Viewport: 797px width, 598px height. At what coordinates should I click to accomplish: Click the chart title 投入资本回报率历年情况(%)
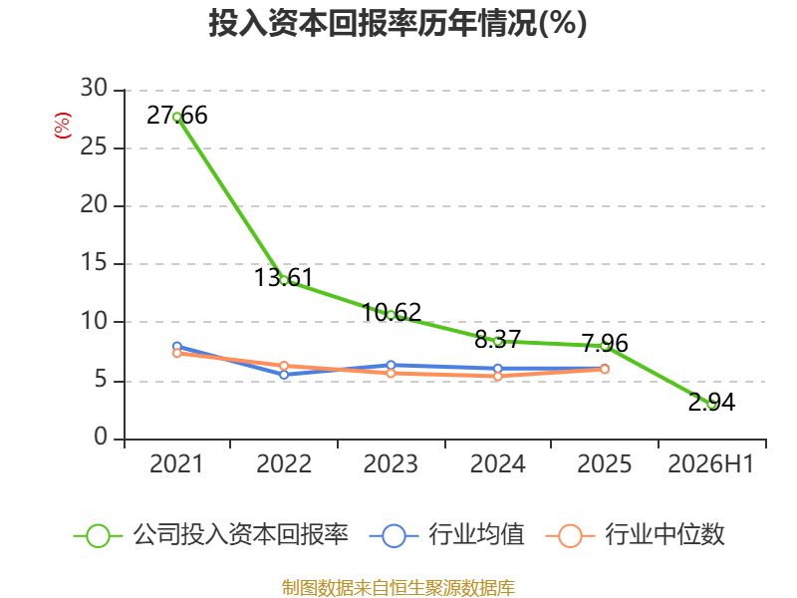click(x=398, y=23)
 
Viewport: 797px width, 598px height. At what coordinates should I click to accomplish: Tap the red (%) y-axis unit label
click(x=62, y=126)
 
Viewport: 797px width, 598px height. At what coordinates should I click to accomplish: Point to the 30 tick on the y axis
click(x=94, y=89)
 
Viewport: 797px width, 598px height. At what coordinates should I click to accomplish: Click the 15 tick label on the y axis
click(x=94, y=263)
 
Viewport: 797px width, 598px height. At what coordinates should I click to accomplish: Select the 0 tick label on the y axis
click(x=101, y=437)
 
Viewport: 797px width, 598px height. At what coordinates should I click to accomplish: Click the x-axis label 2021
click(x=176, y=463)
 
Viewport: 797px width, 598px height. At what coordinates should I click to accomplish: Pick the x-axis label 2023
click(x=391, y=463)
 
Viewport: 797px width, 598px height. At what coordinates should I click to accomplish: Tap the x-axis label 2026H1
click(x=710, y=463)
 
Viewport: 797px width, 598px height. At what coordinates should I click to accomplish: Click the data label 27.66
click(x=177, y=115)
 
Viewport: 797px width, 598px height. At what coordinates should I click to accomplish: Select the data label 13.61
click(x=284, y=278)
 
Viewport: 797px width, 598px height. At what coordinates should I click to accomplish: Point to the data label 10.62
click(x=391, y=312)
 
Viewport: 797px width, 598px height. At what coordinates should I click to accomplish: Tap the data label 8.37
click(x=497, y=339)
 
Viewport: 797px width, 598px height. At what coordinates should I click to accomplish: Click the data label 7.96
click(x=605, y=343)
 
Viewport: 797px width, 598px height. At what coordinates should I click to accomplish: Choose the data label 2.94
click(x=711, y=403)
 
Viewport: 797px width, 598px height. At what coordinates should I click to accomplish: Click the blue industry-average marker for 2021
click(x=177, y=347)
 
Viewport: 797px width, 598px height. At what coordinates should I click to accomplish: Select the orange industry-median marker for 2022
click(x=284, y=366)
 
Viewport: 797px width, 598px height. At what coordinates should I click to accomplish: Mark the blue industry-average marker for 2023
click(x=391, y=365)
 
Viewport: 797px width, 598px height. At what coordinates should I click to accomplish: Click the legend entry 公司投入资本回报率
click(x=211, y=535)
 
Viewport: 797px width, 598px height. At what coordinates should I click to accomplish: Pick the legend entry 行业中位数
click(x=635, y=535)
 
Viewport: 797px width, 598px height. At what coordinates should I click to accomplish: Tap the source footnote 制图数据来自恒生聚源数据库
click(x=398, y=588)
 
